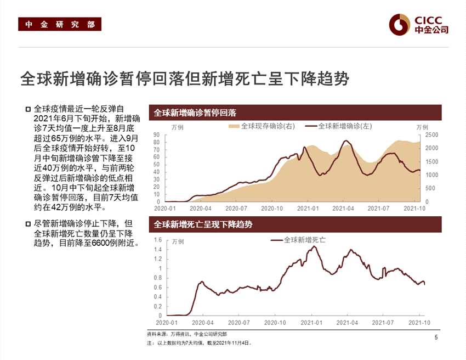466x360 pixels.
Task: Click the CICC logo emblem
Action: pos(400,24)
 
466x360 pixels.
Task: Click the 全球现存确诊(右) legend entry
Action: pos(262,126)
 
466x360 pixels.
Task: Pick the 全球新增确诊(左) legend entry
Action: pos(338,126)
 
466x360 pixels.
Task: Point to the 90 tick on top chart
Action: pos(156,135)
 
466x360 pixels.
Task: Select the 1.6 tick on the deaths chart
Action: pos(157,240)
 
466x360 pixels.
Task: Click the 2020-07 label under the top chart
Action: pos(237,209)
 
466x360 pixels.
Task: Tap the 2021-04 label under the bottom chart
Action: pos(347,323)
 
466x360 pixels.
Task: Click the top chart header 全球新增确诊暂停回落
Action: pos(195,113)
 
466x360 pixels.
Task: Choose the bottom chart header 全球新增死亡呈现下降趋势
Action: pos(203,224)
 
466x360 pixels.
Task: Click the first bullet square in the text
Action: pos(28,109)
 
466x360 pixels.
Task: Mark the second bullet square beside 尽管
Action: pos(28,224)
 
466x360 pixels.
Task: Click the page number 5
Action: pos(436,337)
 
